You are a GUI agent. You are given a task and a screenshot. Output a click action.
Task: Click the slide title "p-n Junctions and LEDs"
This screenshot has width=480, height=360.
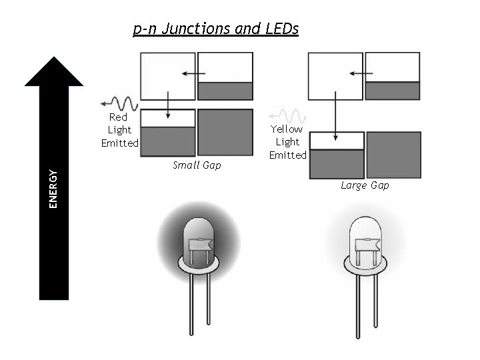(x=216, y=29)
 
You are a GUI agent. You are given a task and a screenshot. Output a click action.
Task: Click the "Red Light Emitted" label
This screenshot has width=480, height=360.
(x=120, y=130)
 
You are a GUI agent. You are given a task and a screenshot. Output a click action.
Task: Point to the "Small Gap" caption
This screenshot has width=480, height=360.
(x=196, y=165)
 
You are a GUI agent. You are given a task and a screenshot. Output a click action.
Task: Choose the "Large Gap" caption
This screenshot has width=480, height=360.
(x=365, y=185)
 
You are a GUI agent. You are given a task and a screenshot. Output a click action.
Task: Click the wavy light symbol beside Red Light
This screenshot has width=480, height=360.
(x=120, y=104)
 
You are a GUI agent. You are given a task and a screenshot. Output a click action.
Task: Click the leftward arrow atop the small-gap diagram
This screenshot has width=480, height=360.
(x=193, y=73)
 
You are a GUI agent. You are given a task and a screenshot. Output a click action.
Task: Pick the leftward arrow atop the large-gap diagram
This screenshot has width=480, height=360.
(x=360, y=73)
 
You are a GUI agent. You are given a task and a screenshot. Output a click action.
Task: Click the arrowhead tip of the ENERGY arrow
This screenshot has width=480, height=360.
(x=53, y=59)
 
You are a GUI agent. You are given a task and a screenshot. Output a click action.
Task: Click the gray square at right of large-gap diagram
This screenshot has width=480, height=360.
(x=393, y=153)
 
